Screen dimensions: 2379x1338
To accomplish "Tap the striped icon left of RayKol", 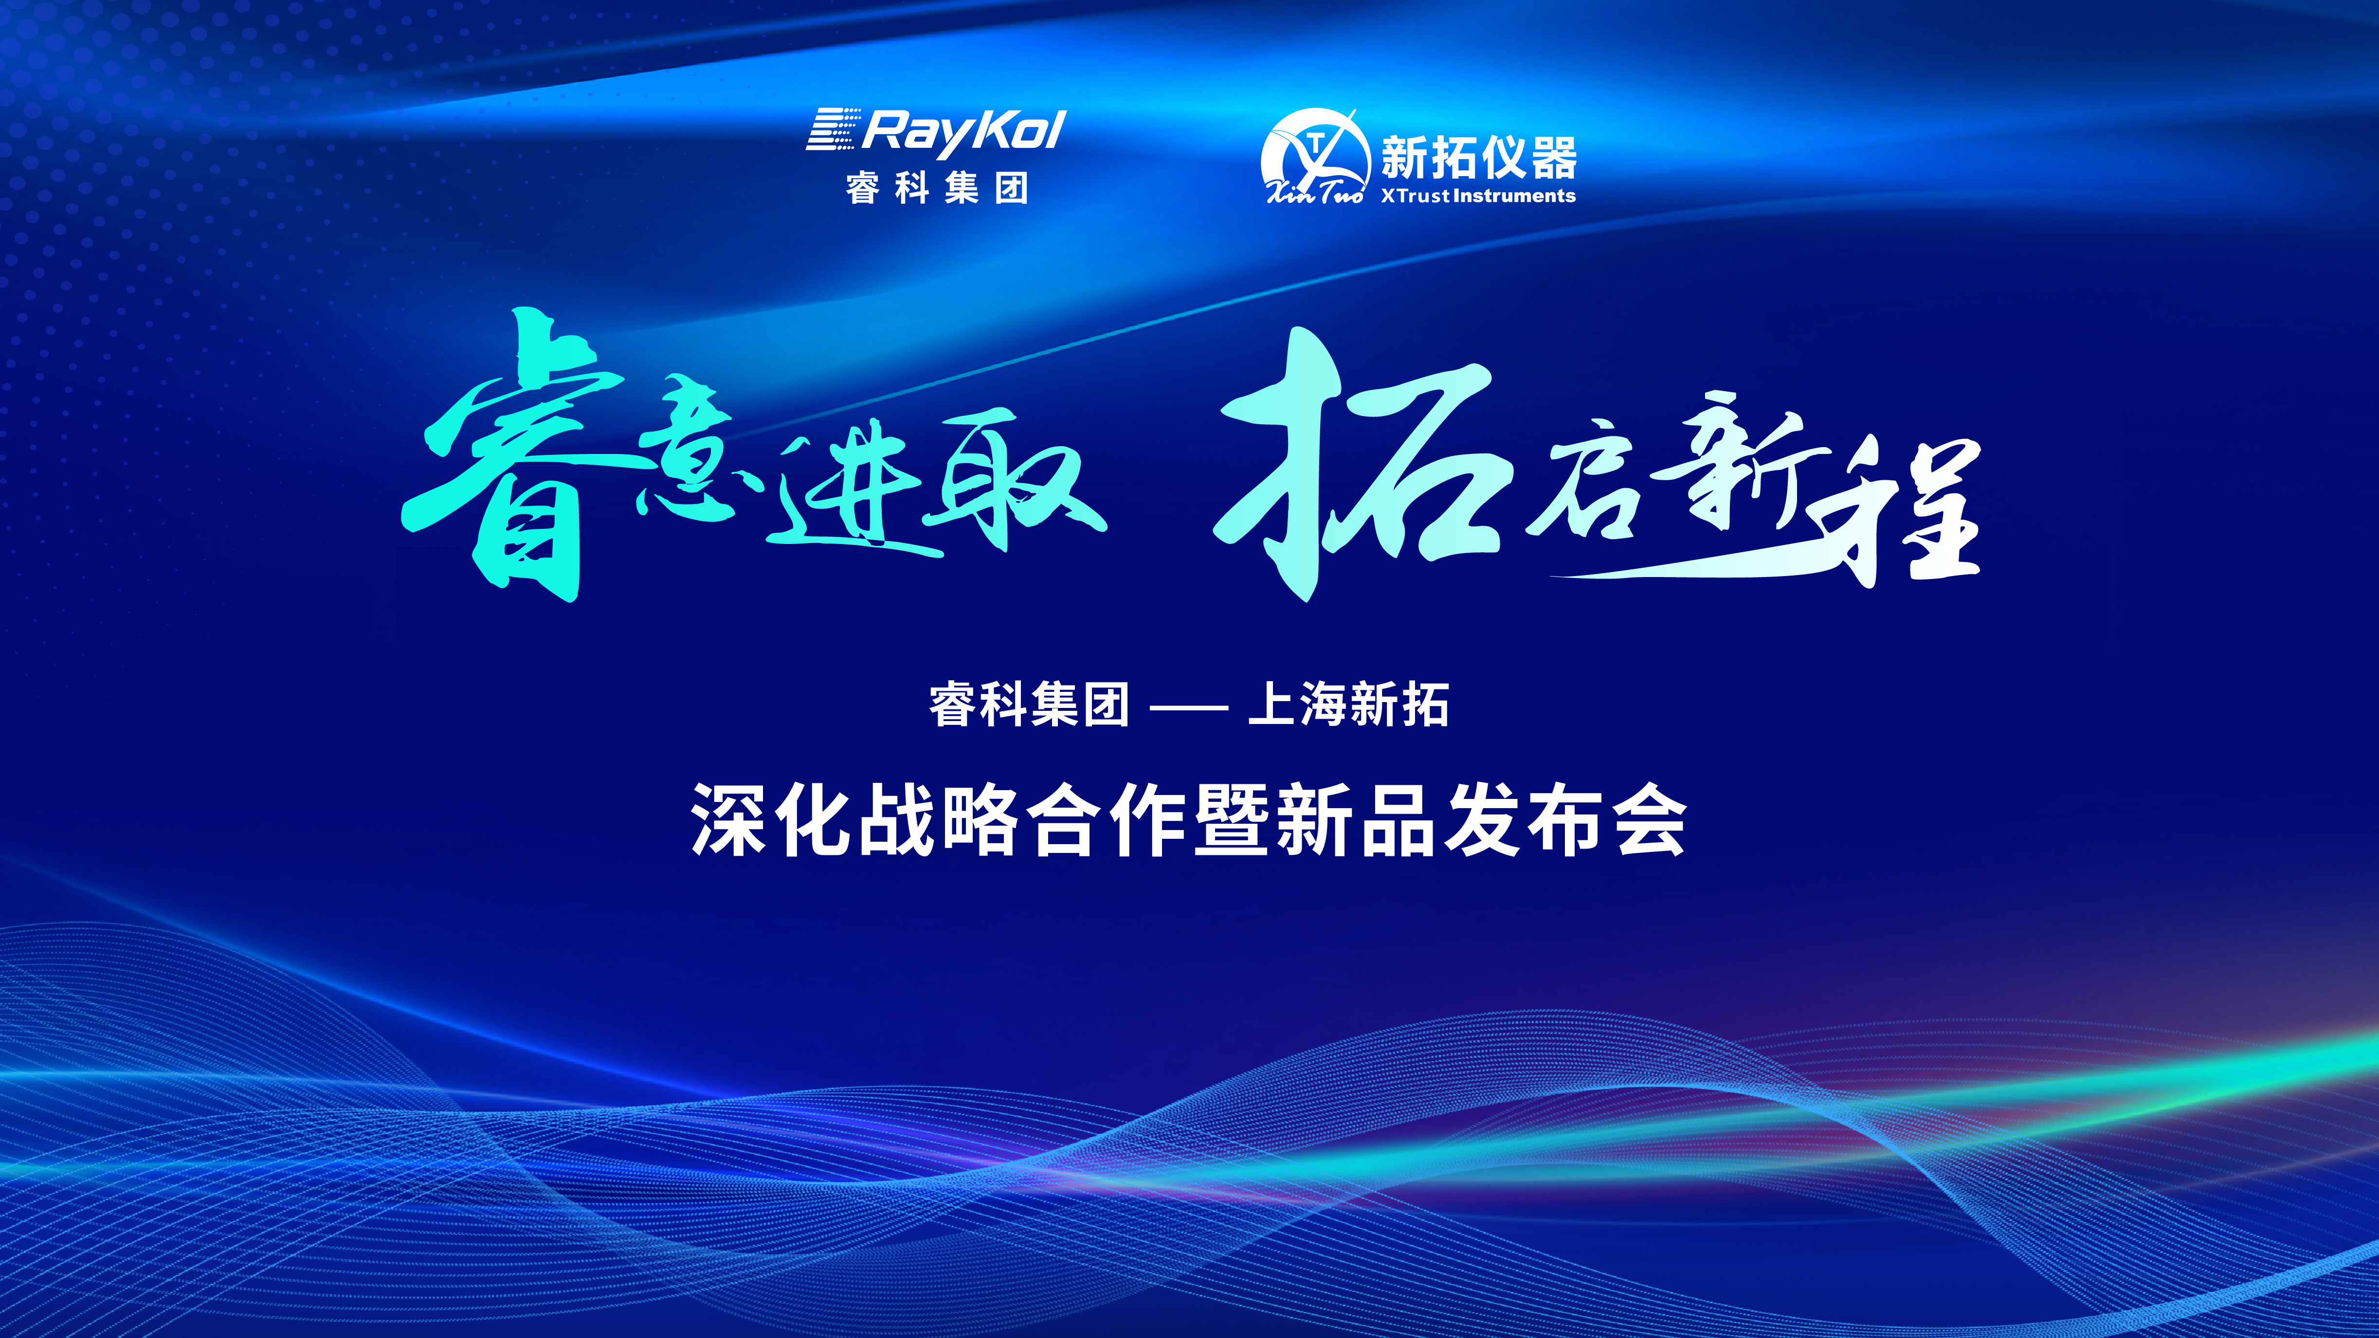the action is pyautogui.click(x=833, y=129).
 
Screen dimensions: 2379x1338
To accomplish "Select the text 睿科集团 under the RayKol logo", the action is pyautogui.click(x=936, y=188).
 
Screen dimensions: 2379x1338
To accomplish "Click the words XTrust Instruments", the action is pyautogui.click(x=1478, y=196).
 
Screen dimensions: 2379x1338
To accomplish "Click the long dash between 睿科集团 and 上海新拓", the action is pyautogui.click(x=1189, y=708).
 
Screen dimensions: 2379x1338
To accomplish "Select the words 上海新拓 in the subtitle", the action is pyautogui.click(x=1348, y=705).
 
